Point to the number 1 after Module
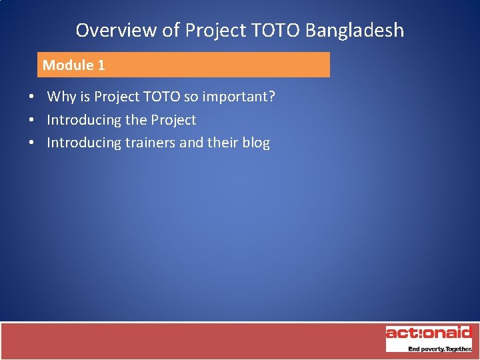tap(101, 65)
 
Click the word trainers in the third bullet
tap(150, 143)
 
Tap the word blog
tap(256, 143)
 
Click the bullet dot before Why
tap(32, 97)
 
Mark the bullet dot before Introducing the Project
tap(32, 120)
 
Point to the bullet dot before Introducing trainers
tap(32, 143)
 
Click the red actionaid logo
tap(429, 333)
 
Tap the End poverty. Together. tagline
tap(439, 349)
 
